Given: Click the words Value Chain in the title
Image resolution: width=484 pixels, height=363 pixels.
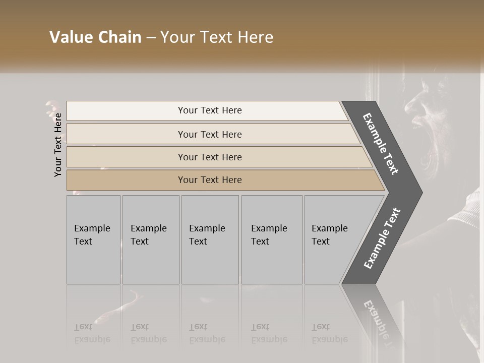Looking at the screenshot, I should [x=95, y=37].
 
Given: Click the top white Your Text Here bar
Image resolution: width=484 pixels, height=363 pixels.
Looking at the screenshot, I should [x=209, y=110].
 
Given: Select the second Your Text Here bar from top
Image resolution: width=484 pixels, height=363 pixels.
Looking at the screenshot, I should [x=209, y=134].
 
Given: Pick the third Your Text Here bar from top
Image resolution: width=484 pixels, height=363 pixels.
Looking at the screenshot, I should [x=209, y=157].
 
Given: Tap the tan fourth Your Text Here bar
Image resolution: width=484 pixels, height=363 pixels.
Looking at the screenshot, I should [x=209, y=180].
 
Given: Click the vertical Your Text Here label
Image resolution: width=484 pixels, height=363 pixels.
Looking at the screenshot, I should [x=58, y=145].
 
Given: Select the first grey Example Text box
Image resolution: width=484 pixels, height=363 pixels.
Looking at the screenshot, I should [x=93, y=239].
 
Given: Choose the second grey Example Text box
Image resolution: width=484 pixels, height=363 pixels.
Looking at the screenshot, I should [x=150, y=239].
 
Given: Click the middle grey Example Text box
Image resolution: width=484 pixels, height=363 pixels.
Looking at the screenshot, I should [x=210, y=239].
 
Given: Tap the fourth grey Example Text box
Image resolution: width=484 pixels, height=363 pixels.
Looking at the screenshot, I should [x=271, y=239].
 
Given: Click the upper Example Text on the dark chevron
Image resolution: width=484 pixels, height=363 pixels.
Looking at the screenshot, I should [x=381, y=144].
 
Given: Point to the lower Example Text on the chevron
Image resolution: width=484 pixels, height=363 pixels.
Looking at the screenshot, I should [x=382, y=238].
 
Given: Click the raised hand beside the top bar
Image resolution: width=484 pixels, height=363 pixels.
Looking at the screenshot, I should [x=52, y=108].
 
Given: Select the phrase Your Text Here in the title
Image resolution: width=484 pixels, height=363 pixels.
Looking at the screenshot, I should [x=217, y=37].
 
